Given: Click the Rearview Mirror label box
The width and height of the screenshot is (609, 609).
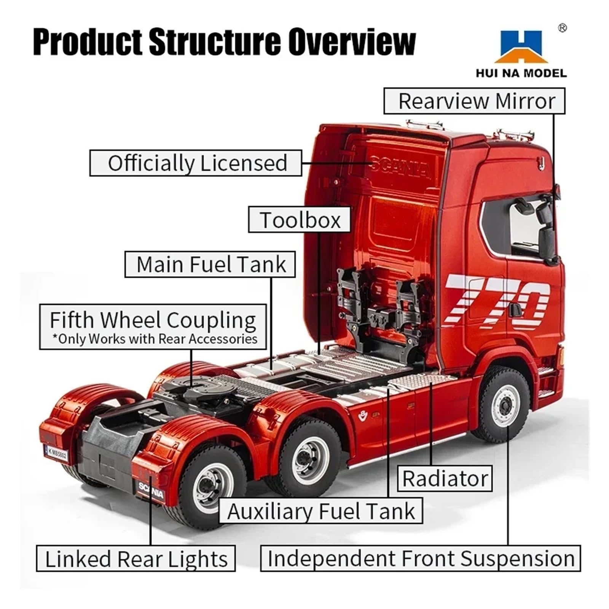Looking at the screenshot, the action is [x=474, y=101].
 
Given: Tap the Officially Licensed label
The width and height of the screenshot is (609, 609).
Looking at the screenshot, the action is [x=196, y=163].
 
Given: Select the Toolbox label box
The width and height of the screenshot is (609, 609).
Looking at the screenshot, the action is [x=299, y=220].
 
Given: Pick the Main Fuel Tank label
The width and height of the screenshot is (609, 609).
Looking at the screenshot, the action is [x=210, y=264].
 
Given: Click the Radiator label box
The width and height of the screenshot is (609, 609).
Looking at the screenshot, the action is [x=445, y=478].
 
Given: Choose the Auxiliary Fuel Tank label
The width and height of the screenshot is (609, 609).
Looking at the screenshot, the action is [x=320, y=511].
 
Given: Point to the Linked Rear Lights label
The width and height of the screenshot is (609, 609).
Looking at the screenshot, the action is [x=136, y=559].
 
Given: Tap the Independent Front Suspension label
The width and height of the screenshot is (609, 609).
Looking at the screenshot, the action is [x=420, y=558].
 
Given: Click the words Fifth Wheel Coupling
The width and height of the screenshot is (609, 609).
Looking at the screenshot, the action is [x=153, y=320].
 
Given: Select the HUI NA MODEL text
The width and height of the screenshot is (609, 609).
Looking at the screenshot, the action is [x=521, y=73].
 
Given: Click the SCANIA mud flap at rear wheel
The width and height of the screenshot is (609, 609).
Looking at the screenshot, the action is [x=151, y=490].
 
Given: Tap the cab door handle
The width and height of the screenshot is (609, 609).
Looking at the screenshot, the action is [x=515, y=309].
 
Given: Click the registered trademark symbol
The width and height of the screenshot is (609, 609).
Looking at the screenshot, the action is [x=562, y=28].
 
